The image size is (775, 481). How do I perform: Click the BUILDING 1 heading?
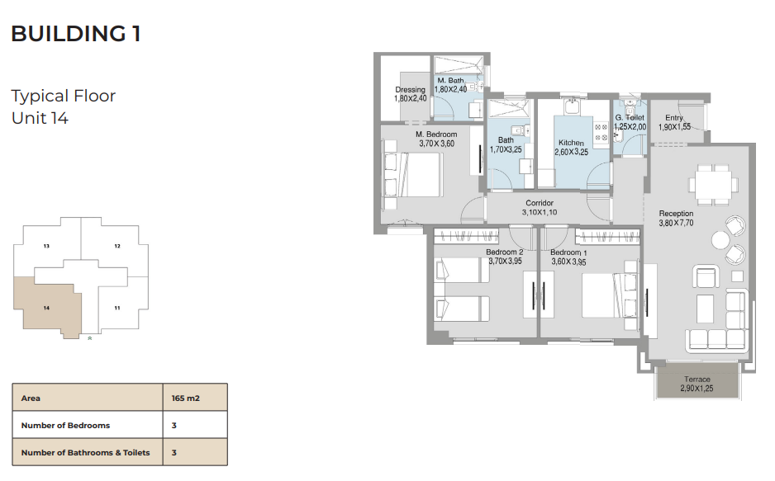tap(76, 34)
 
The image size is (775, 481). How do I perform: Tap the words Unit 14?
tap(40, 119)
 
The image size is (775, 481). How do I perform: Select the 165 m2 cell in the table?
tap(186, 398)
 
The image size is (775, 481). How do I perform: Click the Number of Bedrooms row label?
tap(65, 425)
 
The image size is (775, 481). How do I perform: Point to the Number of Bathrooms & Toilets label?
tap(85, 452)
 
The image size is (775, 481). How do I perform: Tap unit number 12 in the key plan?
tap(117, 246)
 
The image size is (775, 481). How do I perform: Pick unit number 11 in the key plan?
tap(117, 308)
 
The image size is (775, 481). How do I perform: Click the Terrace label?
tap(697, 380)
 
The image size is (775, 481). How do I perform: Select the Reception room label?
tap(676, 214)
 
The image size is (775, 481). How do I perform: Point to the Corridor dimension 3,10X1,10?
tap(540, 212)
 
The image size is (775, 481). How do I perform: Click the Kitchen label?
tap(572, 143)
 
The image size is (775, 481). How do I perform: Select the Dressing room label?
tap(411, 89)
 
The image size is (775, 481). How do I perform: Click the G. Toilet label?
tap(630, 117)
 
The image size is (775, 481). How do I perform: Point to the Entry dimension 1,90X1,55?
tap(674, 127)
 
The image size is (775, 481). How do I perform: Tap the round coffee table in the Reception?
tap(720, 240)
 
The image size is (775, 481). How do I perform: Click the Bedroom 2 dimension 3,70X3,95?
tap(505, 261)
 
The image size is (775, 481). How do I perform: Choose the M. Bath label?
tap(450, 80)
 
